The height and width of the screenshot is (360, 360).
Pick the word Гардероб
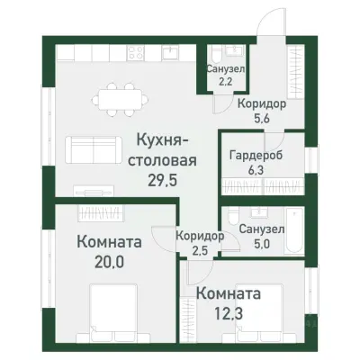coord(255,153)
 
